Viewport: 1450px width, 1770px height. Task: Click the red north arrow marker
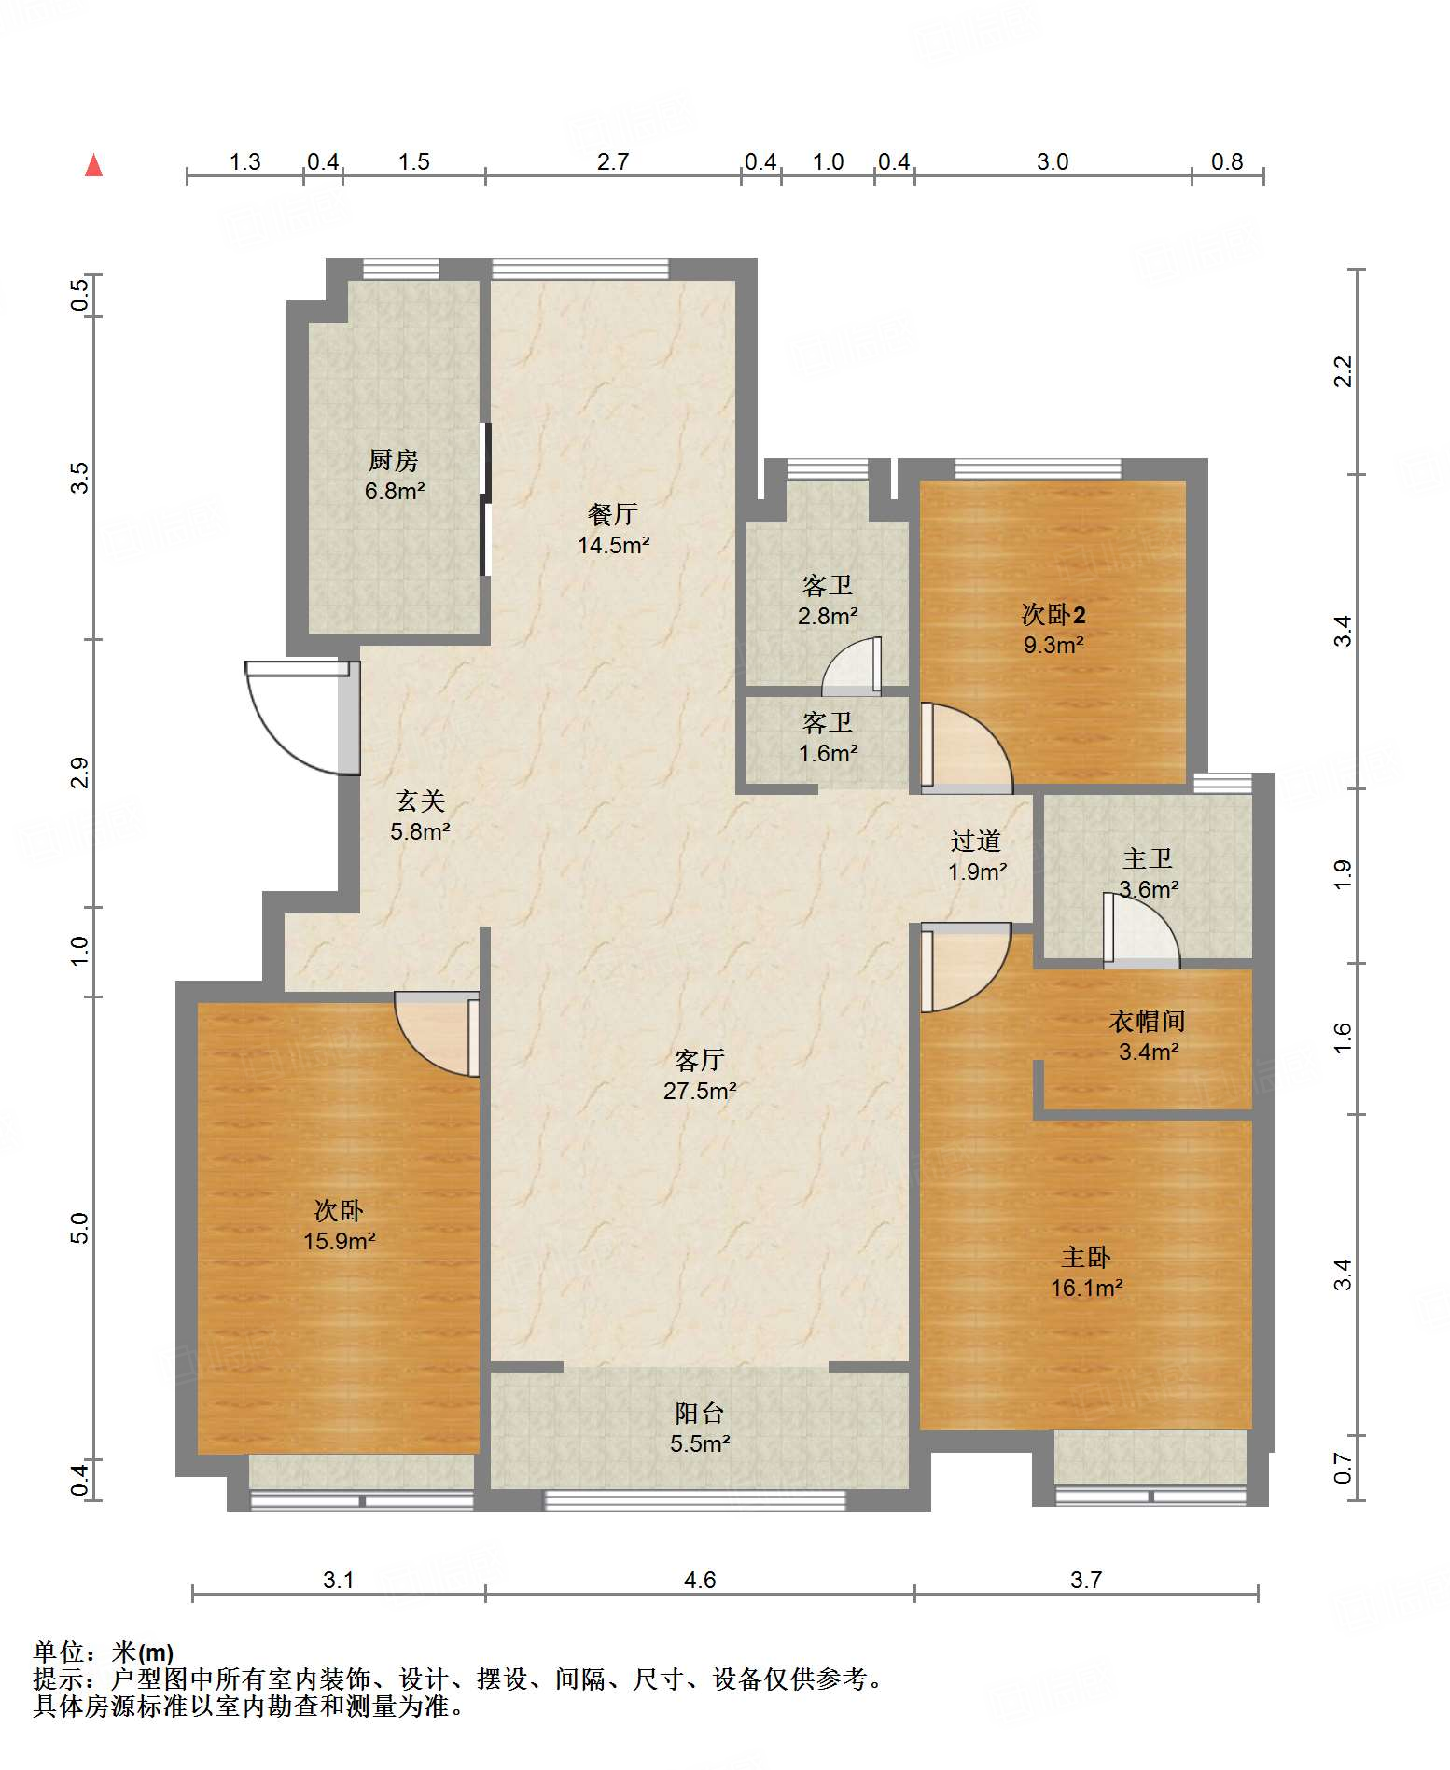click(93, 165)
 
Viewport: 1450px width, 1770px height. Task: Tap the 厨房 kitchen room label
click(394, 460)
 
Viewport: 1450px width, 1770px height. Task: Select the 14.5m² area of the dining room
click(613, 545)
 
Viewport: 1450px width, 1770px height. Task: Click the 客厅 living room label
click(700, 1060)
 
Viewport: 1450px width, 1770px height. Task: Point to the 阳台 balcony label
click(700, 1413)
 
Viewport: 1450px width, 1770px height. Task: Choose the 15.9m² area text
click(339, 1241)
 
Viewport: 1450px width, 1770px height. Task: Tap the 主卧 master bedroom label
click(1086, 1257)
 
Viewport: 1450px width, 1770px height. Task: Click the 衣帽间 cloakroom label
click(1148, 1021)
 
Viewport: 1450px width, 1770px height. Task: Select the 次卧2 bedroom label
click(1053, 614)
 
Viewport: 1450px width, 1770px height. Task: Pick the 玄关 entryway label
click(421, 800)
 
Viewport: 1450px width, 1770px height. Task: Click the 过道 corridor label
click(976, 841)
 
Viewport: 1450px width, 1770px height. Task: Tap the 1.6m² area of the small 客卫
click(828, 753)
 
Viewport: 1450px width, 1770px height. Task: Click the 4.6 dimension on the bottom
click(700, 1580)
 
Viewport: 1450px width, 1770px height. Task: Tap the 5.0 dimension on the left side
click(79, 1228)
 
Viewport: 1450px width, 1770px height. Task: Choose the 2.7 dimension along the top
click(613, 161)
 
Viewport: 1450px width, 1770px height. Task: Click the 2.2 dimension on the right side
click(1343, 371)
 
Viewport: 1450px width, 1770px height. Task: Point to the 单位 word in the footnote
click(59, 1652)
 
